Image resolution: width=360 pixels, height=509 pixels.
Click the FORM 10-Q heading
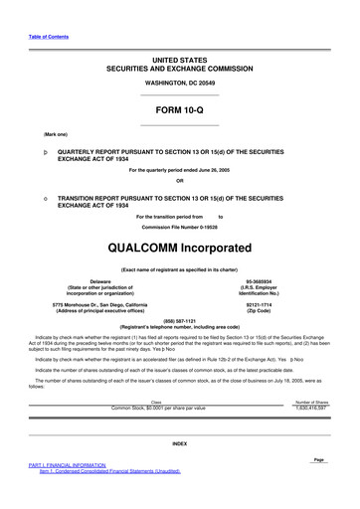click(179, 109)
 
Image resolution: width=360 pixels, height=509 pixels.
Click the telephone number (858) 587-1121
click(179, 320)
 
